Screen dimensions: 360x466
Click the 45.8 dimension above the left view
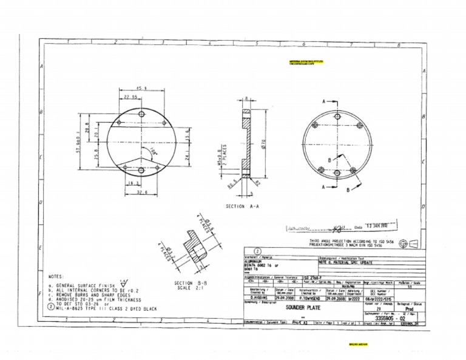coord(141,89)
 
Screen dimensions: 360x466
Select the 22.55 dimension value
coord(130,97)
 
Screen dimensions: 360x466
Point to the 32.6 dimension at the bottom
coord(141,192)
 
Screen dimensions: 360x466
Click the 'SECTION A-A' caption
coord(243,206)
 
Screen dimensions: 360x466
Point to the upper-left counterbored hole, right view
coord(316,124)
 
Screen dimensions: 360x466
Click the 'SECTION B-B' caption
coord(192,283)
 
